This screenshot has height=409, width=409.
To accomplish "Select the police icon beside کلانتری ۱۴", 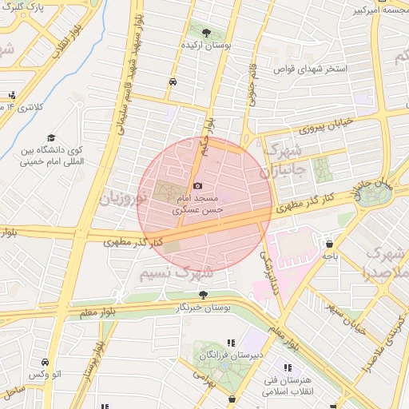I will click(x=11, y=95).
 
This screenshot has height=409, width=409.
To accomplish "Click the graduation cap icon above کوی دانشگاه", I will click(x=52, y=137).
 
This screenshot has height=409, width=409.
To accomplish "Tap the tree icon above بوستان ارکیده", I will click(x=207, y=33).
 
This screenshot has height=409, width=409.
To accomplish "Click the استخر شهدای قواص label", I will click(x=311, y=69).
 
